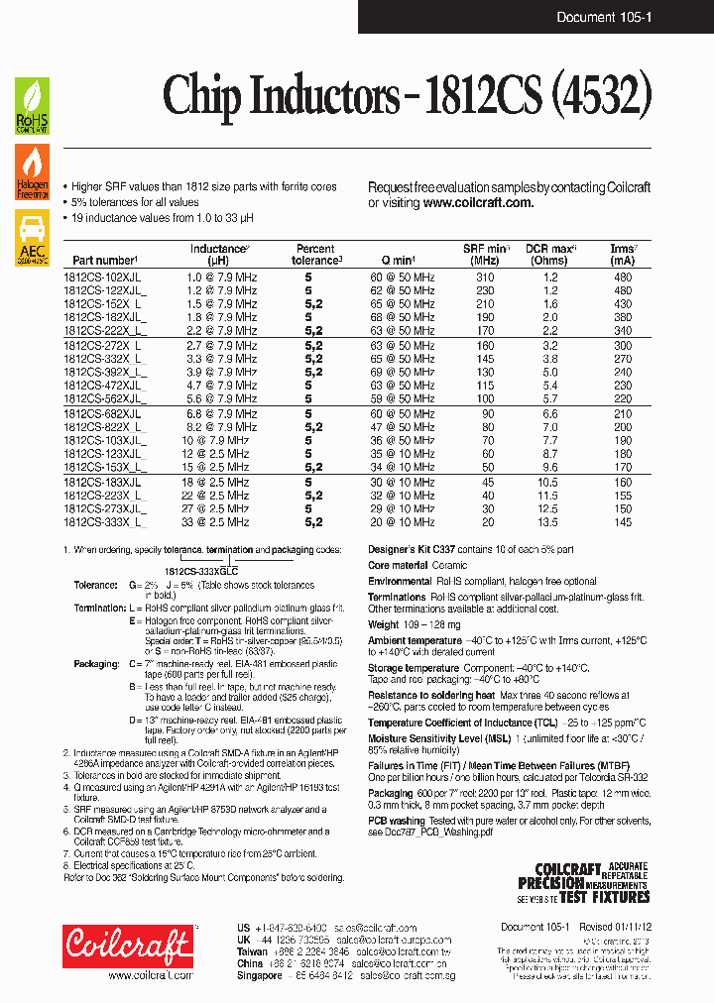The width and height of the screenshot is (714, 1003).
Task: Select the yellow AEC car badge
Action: tap(32, 235)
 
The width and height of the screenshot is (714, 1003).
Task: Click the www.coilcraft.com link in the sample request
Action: tap(478, 202)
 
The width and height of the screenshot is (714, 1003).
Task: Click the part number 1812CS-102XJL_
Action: tap(104, 279)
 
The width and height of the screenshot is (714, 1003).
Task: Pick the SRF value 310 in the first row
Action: tap(485, 279)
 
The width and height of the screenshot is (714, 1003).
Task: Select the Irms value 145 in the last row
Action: tap(622, 522)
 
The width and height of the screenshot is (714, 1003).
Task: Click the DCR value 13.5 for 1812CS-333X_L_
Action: tap(548, 522)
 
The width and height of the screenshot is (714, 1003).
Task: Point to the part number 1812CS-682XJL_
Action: tap(104, 413)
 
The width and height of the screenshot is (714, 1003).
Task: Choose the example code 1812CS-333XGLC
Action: tap(201, 572)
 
